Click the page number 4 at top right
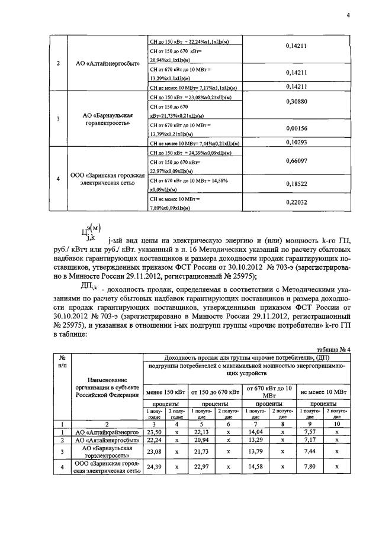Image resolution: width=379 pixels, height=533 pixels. point(348,16)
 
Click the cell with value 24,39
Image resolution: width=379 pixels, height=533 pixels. point(155,468)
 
